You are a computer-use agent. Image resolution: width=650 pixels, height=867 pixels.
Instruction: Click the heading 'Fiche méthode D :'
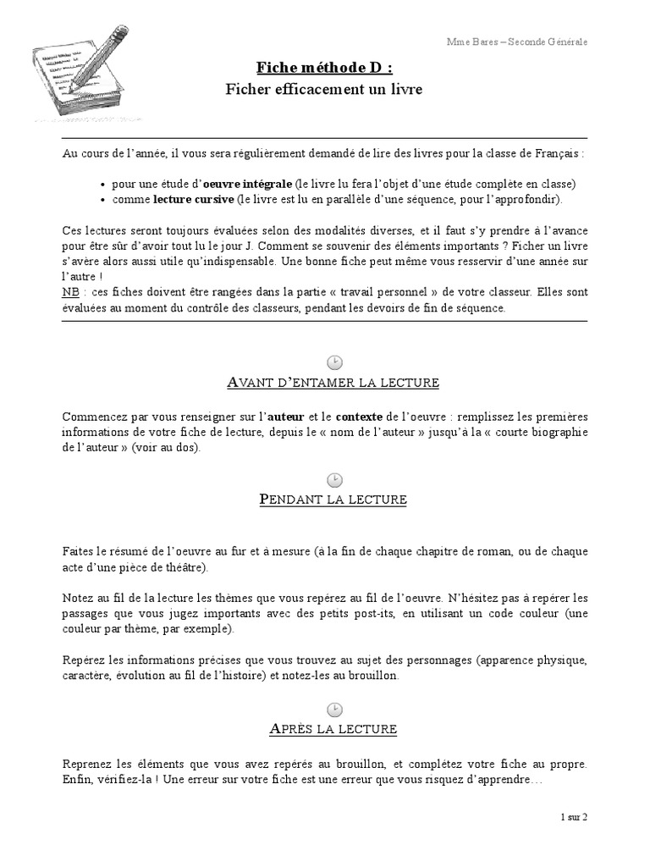pos(324,67)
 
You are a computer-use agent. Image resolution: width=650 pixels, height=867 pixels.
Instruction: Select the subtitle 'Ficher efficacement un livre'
pos(324,89)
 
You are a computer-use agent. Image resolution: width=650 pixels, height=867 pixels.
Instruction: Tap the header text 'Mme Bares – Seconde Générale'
pos(517,41)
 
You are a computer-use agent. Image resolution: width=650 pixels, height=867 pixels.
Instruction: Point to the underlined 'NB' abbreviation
pos(70,292)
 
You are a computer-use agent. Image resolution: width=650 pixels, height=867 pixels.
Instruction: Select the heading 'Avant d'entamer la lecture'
pos(333,383)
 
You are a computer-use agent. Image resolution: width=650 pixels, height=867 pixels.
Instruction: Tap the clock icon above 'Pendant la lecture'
pos(334,479)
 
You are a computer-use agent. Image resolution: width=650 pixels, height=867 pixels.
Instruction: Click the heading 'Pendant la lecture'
pos(333,500)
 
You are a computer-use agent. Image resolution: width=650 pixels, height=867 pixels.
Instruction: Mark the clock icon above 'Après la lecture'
pos(334,708)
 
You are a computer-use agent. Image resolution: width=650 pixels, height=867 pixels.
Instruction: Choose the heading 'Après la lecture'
pos(333,729)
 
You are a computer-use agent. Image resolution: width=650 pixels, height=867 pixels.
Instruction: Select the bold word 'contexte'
pos(360,416)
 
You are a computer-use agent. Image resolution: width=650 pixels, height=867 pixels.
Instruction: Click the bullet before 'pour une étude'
pos(102,185)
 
